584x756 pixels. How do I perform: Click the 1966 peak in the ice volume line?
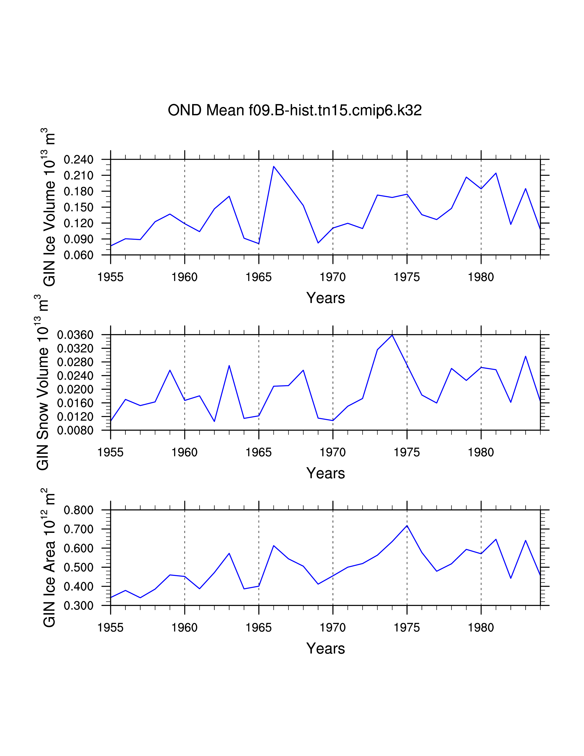pyautogui.click(x=274, y=167)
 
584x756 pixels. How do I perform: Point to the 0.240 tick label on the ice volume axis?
pyautogui.click(x=79, y=160)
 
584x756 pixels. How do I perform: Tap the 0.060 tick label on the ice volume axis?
pyautogui.click(x=79, y=255)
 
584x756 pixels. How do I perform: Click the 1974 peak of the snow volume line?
pyautogui.click(x=392, y=335)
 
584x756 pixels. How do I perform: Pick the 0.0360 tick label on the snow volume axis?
pyautogui.click(x=75, y=335)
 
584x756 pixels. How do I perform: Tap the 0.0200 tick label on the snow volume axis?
pyautogui.click(x=75, y=389)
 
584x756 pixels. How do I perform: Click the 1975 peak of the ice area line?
pyautogui.click(x=407, y=526)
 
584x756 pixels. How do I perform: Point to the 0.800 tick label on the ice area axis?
pyautogui.click(x=79, y=510)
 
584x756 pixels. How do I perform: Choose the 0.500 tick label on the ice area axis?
pyautogui.click(x=79, y=567)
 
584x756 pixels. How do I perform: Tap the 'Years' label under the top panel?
pyautogui.click(x=326, y=298)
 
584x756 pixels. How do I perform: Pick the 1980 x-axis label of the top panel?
pyautogui.click(x=481, y=277)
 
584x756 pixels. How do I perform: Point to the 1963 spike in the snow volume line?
pyautogui.click(x=229, y=366)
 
